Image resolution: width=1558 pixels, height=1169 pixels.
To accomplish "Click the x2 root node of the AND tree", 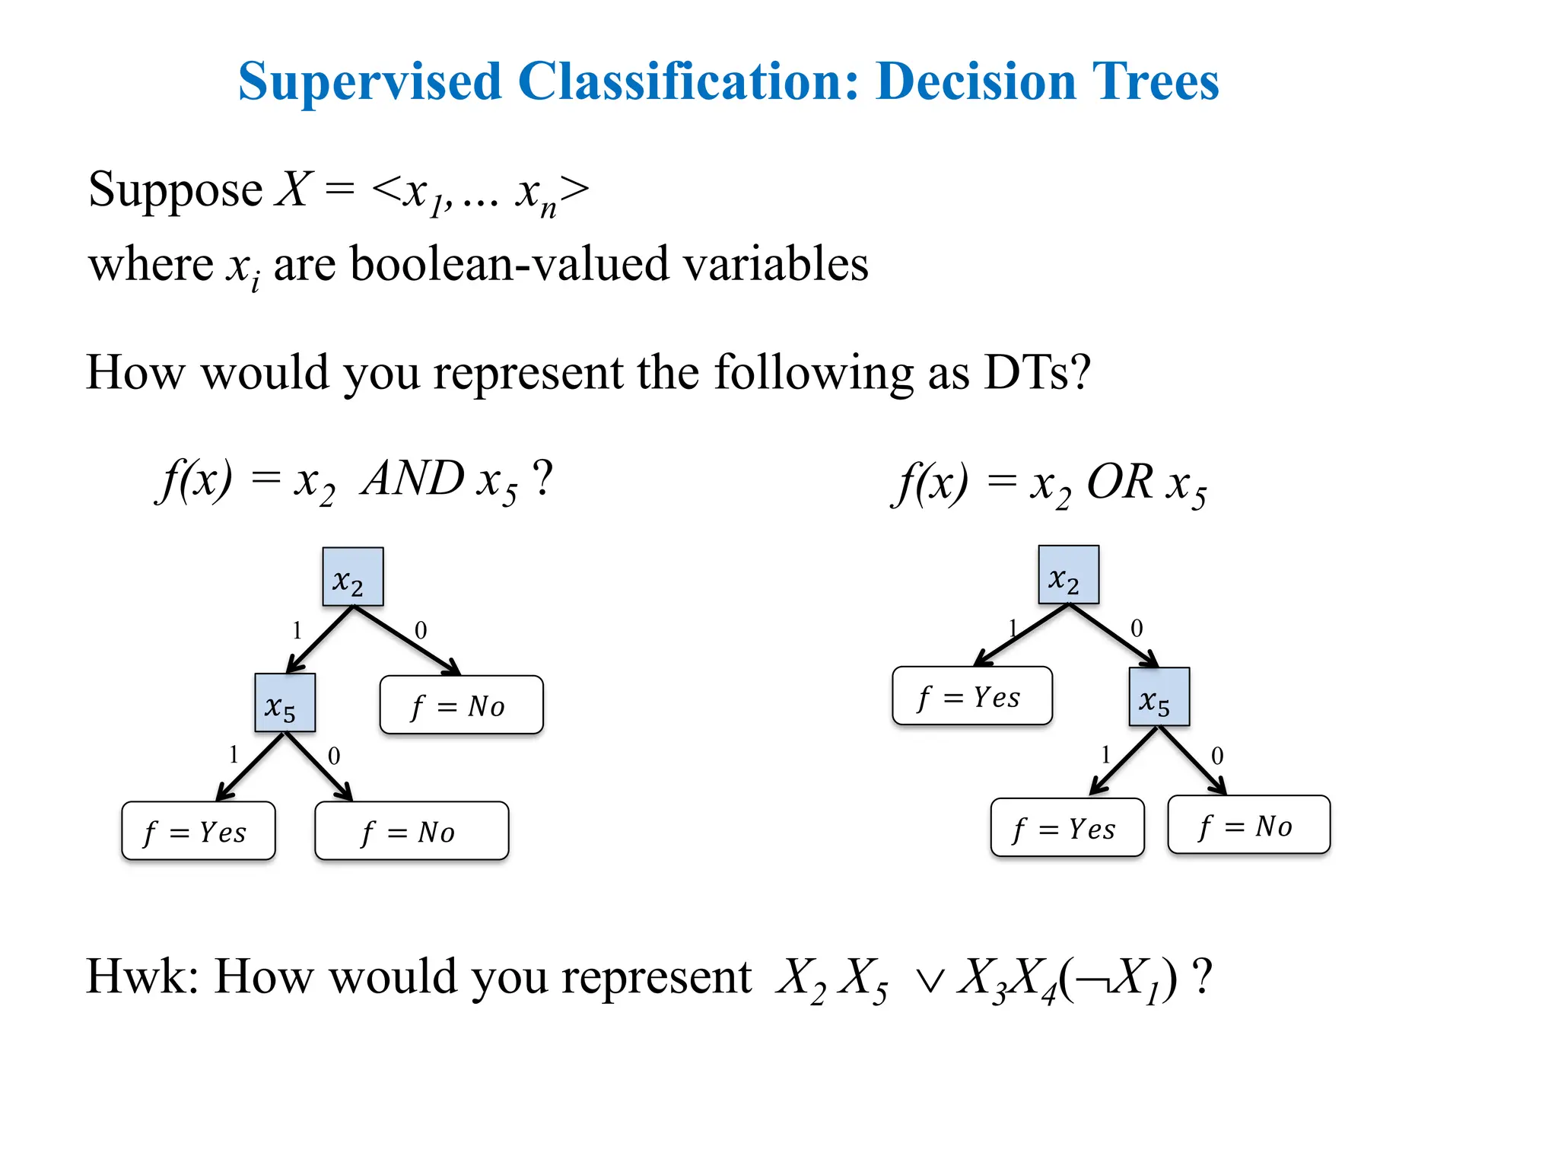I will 352,577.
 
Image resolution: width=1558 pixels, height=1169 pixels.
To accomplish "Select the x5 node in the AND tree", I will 285,702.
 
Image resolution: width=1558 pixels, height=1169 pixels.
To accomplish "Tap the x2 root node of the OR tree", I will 1068,575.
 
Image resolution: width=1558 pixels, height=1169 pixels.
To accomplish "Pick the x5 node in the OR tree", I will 1159,697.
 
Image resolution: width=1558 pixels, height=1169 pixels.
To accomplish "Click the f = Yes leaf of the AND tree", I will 198,830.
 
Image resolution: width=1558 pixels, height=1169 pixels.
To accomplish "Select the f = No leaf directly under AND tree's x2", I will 461,705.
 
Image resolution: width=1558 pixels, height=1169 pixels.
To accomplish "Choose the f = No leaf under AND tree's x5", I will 411,830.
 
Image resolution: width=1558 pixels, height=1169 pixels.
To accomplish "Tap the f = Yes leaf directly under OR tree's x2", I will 971,696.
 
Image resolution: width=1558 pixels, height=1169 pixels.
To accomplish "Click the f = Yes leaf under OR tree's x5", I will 1067,827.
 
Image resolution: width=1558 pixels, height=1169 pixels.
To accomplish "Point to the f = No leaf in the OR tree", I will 1248,825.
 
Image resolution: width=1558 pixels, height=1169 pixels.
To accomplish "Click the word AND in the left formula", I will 413,479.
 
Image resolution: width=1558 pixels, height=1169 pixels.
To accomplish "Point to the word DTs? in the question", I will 1037,373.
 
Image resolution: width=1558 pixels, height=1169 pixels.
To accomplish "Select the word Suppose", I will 175,190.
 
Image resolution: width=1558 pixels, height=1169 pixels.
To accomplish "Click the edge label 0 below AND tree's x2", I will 421,630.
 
